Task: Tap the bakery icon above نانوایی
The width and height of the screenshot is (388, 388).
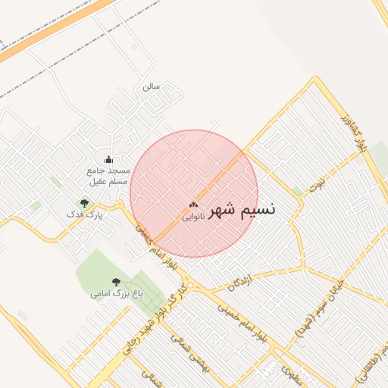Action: click(x=193, y=205)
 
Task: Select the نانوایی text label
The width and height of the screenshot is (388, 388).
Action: click(x=193, y=217)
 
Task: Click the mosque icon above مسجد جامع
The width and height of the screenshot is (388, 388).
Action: click(x=108, y=159)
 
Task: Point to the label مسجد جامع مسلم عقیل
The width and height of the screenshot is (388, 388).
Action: click(x=108, y=176)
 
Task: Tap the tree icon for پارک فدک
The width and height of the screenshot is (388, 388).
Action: click(x=84, y=203)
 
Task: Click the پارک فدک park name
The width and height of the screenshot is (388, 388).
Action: click(x=84, y=215)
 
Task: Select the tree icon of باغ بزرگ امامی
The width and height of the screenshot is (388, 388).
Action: click(x=116, y=281)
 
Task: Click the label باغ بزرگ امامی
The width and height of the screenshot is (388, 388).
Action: click(x=116, y=293)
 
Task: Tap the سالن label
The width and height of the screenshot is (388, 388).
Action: click(x=151, y=86)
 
